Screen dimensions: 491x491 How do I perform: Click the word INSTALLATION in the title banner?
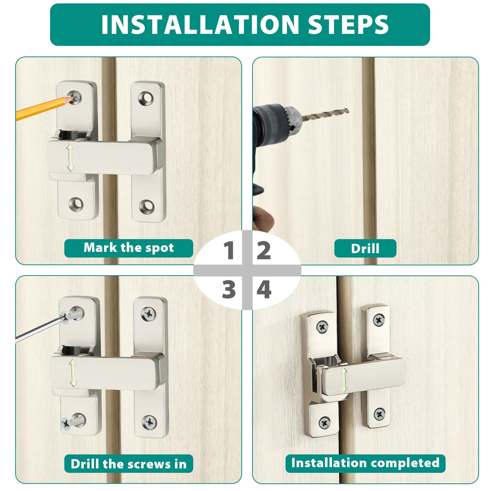point(199,24)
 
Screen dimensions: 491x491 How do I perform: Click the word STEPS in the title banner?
point(348,24)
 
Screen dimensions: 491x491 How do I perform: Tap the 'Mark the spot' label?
point(129,248)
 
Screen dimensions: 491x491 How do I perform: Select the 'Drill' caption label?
point(365,248)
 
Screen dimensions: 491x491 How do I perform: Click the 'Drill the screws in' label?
point(129,464)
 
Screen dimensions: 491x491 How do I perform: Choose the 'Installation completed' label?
point(365,463)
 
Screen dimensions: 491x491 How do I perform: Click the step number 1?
point(229,251)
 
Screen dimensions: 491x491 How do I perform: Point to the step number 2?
point(263,251)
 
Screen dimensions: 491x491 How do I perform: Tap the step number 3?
point(229,290)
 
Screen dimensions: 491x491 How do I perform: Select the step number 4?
point(264,290)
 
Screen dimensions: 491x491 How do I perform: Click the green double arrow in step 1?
point(70,157)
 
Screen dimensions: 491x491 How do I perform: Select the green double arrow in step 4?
point(344,380)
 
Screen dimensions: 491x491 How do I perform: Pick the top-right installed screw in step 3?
point(148,314)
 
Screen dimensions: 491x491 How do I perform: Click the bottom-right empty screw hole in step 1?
point(146,206)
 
